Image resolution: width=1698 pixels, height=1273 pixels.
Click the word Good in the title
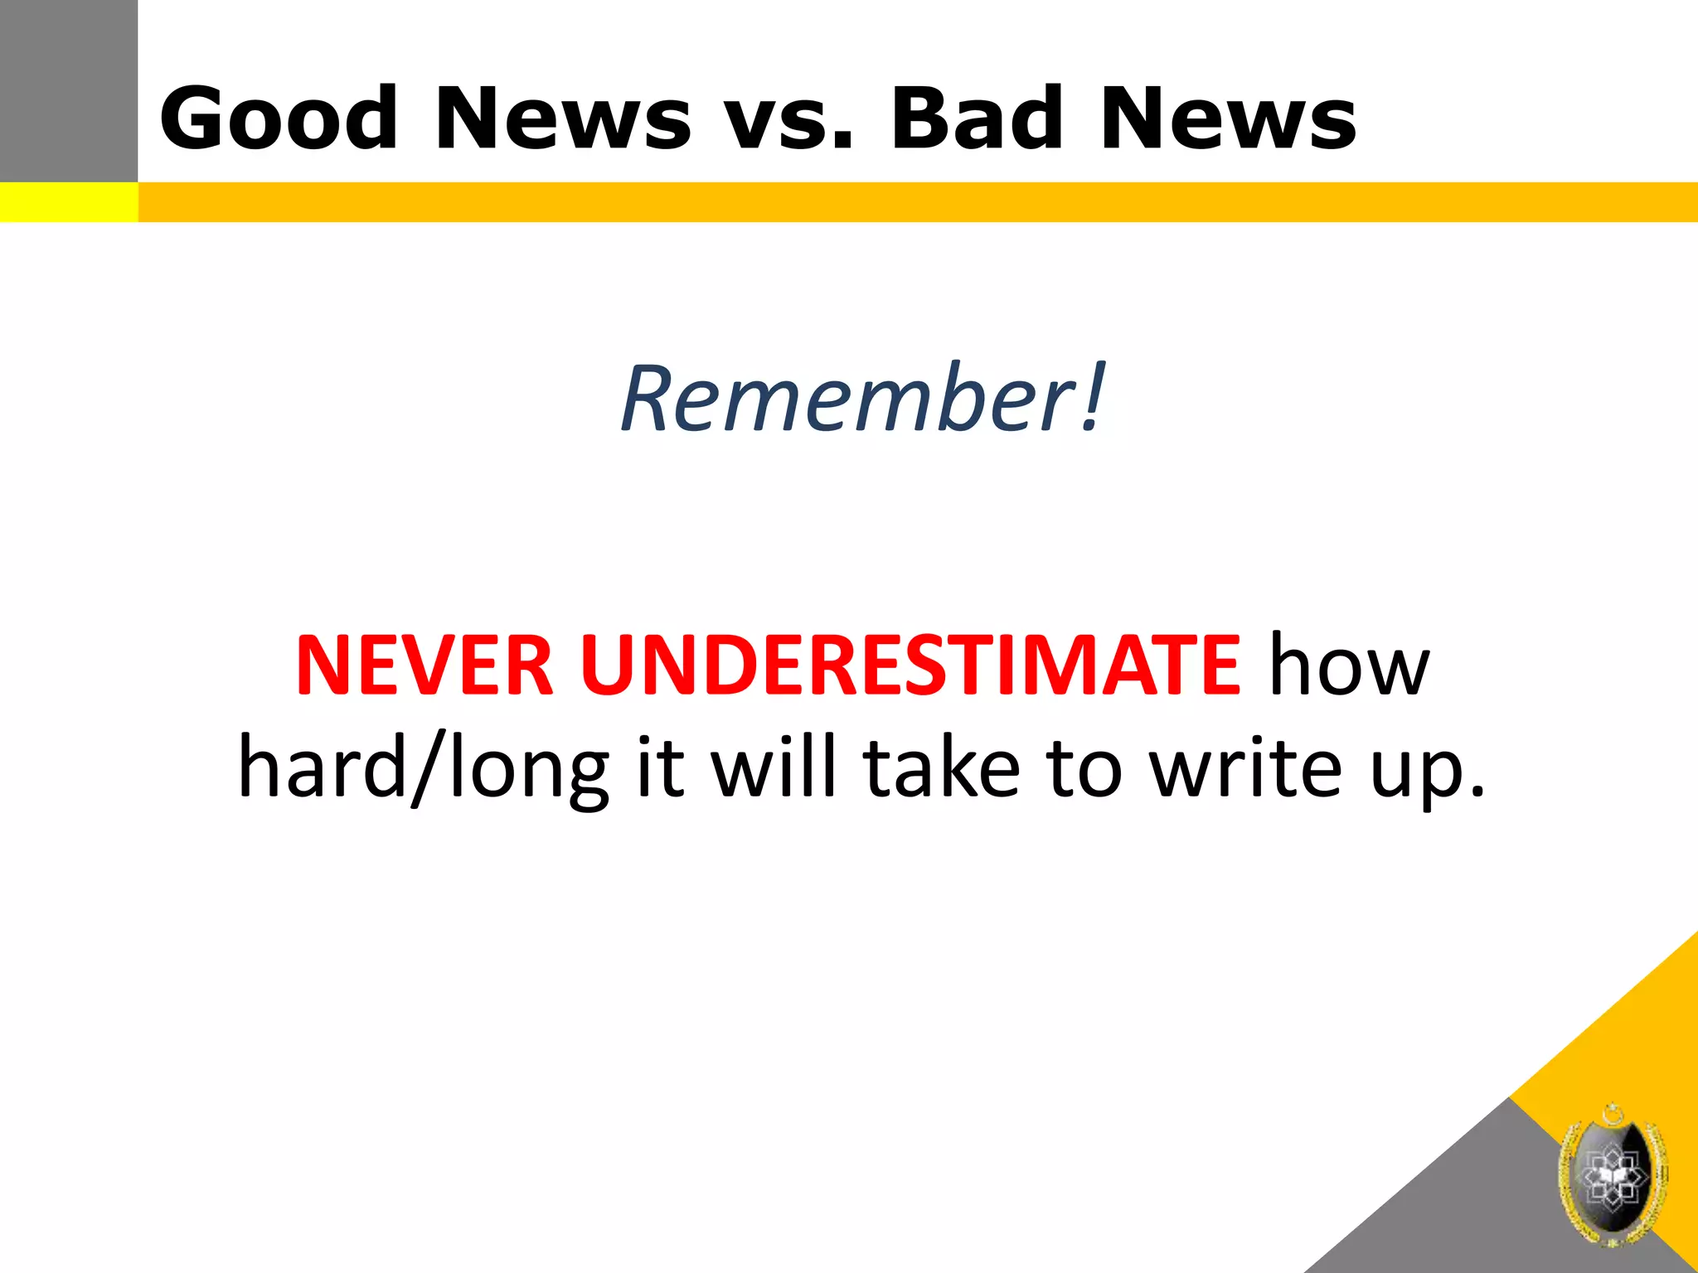pyautogui.click(x=279, y=119)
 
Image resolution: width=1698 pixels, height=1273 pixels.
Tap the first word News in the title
pyautogui.click(x=562, y=119)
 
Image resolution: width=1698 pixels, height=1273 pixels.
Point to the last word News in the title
pyautogui.click(x=1228, y=119)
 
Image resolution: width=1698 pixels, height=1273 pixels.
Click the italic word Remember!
pyautogui.click(x=862, y=399)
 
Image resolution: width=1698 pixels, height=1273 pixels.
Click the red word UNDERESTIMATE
pyautogui.click(x=910, y=666)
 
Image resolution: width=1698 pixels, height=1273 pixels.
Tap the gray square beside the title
pyautogui.click(x=68, y=90)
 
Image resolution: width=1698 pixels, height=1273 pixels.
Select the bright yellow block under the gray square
pyautogui.click(x=68, y=202)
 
